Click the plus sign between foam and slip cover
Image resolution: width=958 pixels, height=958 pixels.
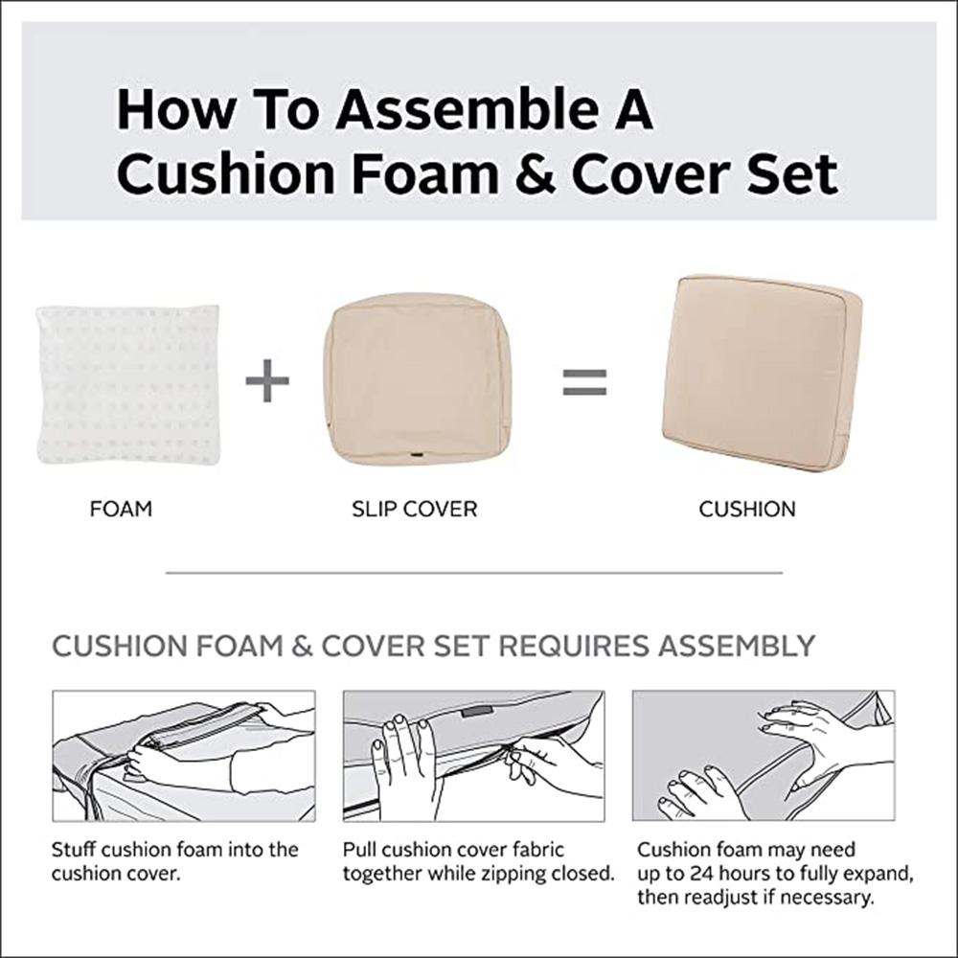coord(267,382)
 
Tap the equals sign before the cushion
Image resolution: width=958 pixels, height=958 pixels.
coord(584,382)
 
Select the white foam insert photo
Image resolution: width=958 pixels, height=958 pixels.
coord(128,383)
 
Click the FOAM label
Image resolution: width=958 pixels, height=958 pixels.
coord(121,509)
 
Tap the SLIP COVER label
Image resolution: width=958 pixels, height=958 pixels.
coord(414,509)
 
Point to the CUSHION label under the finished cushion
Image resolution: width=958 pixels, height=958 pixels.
coord(747,509)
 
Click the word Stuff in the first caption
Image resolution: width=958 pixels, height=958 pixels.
coord(73,850)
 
